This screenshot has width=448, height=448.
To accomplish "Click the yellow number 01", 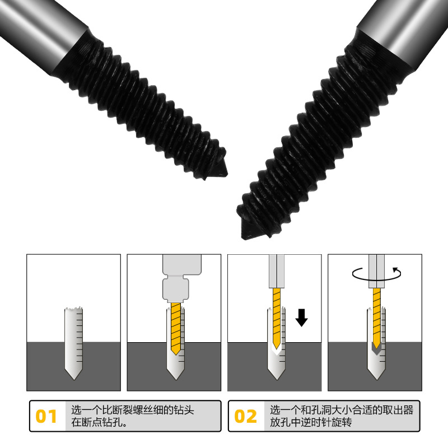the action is (46, 416).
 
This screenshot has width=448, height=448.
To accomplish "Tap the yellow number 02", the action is (245, 416).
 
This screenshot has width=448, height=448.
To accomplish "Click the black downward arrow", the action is (301, 318).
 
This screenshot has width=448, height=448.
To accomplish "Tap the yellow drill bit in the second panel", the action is (176, 329).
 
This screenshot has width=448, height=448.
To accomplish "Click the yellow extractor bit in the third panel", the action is (277, 318).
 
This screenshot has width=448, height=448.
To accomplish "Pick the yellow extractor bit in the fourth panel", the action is (376, 318).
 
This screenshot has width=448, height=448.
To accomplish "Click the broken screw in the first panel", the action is (74, 343).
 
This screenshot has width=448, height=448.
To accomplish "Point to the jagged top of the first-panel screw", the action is (74, 309).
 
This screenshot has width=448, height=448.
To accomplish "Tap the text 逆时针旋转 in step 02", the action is (326, 422).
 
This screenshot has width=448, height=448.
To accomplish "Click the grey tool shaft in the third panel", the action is (277, 271).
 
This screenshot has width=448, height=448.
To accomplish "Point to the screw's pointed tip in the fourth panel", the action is (376, 379).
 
